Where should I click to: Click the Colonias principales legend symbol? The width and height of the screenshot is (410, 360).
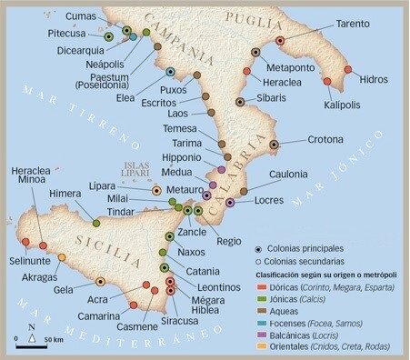259,248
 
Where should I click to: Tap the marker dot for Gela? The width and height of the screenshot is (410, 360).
100,282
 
